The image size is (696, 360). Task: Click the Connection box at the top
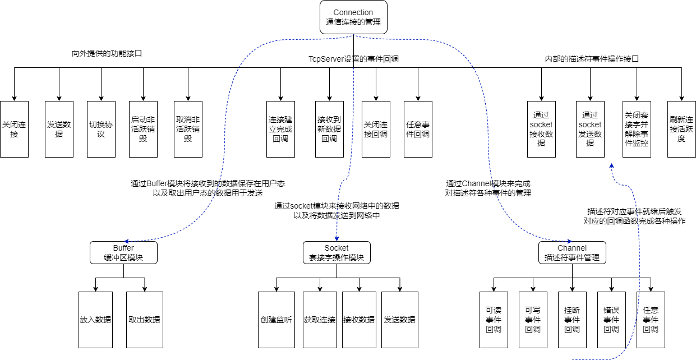(353, 17)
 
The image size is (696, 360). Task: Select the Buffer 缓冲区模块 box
(123, 252)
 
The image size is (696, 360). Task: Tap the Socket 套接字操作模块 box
(337, 252)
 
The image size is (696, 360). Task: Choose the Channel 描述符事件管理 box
(572, 252)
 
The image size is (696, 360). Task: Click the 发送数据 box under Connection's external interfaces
(59, 129)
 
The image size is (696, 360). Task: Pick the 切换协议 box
(102, 129)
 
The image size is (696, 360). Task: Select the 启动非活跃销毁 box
(143, 129)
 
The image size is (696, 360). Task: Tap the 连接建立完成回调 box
(280, 129)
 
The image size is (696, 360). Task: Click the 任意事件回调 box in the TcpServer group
(418, 129)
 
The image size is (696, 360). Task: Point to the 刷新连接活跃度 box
(681, 129)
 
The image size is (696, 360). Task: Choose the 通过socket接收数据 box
(541, 129)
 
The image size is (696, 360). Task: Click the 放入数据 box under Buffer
(95, 320)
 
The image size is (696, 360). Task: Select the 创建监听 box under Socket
(276, 320)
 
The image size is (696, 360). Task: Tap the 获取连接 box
(320, 320)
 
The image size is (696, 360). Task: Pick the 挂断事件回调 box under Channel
(572, 320)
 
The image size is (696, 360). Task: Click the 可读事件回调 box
(494, 320)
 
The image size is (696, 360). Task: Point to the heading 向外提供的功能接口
(107, 54)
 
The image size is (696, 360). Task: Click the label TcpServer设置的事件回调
(353, 58)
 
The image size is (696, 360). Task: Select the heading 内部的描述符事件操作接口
(592, 58)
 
